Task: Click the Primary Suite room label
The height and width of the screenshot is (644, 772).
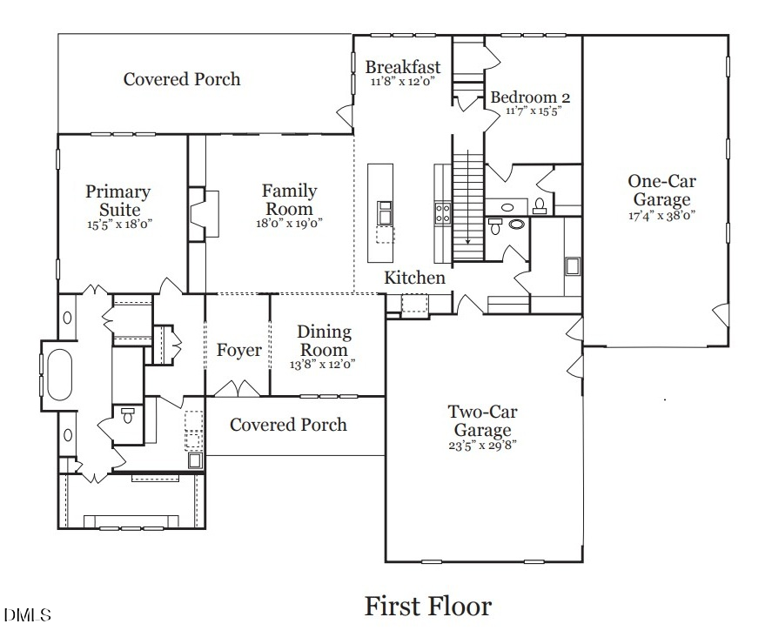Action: click(117, 200)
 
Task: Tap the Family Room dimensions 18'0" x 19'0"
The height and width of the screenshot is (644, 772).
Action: click(289, 223)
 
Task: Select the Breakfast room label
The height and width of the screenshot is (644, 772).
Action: click(402, 67)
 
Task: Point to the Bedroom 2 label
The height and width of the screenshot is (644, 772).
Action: click(530, 97)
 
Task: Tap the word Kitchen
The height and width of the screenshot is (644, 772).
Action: click(415, 278)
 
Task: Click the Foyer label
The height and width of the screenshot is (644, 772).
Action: click(238, 350)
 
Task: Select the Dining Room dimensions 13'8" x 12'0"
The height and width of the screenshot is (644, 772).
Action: click(324, 364)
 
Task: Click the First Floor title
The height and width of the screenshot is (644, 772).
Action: click(427, 606)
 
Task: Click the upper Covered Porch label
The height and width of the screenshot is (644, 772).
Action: click(181, 79)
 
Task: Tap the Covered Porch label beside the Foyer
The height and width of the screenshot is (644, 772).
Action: click(288, 425)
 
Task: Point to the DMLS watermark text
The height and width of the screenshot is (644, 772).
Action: click(27, 615)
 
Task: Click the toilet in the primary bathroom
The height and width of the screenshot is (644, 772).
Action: click(128, 415)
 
